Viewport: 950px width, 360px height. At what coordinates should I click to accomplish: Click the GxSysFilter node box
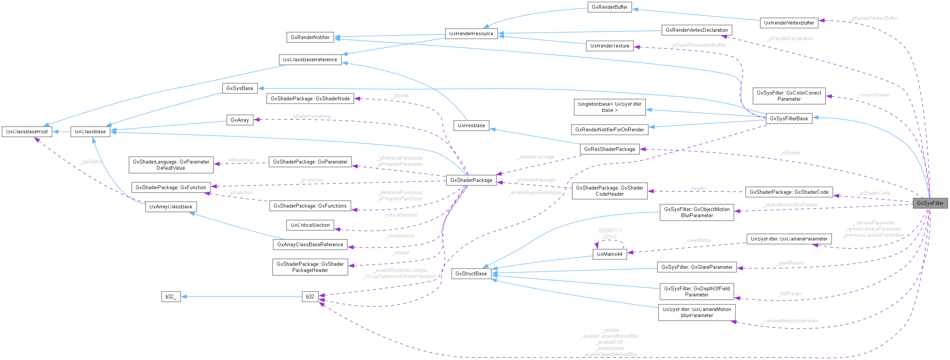[930, 203]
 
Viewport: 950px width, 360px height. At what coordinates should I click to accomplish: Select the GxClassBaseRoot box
[27, 131]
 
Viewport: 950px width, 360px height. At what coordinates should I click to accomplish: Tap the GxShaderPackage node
[471, 180]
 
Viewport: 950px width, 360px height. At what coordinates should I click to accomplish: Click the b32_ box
[171, 296]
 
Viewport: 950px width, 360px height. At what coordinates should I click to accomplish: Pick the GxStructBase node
[471, 273]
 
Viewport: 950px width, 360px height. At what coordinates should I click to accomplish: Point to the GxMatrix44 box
[609, 254]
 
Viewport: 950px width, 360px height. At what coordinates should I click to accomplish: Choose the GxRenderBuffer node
[609, 7]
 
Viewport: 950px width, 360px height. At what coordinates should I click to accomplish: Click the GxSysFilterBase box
[789, 118]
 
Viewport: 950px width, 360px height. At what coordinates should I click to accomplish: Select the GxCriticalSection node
[310, 225]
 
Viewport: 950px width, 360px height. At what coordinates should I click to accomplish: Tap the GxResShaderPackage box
[609, 149]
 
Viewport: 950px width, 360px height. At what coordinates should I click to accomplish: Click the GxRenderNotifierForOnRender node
[609, 129]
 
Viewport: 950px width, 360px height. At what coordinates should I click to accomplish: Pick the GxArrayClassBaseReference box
[310, 244]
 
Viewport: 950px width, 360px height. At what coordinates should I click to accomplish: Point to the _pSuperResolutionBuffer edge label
[698, 45]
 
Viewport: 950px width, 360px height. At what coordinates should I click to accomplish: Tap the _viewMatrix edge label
[698, 241]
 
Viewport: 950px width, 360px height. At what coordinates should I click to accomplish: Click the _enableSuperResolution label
[535, 193]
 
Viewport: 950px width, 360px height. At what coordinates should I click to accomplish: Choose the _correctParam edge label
[873, 95]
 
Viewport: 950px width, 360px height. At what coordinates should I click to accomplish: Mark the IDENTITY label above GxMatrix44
[610, 231]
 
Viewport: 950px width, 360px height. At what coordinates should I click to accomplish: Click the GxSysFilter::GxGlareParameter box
[697, 267]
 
